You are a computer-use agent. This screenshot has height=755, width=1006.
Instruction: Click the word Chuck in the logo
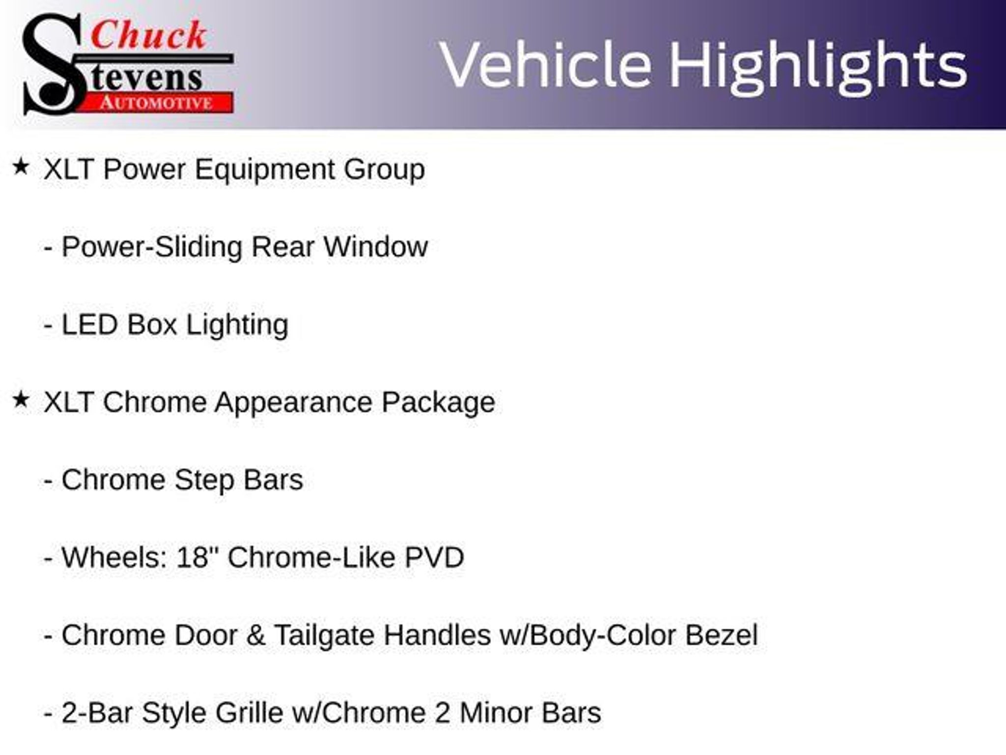click(x=148, y=35)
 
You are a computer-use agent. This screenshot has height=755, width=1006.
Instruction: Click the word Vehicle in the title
click(x=545, y=65)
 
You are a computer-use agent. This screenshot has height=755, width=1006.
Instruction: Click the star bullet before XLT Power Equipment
click(x=21, y=167)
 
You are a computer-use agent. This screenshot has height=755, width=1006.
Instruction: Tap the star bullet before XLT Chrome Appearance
click(x=21, y=400)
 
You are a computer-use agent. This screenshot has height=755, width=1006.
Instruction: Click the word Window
click(x=375, y=247)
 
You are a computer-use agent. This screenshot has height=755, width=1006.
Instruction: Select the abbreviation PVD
click(x=434, y=558)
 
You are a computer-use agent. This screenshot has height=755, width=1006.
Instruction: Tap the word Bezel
click(x=722, y=635)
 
